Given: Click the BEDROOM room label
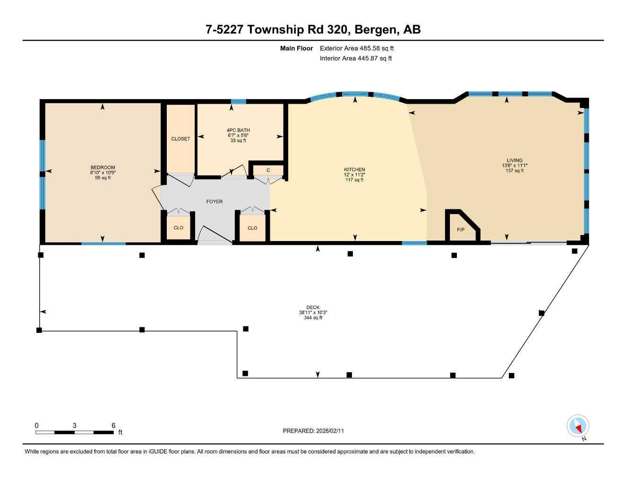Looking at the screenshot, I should [103, 167].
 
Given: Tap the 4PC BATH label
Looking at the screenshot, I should [238, 130].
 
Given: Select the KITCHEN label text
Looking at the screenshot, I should [354, 169].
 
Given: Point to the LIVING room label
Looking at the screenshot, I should [515, 160].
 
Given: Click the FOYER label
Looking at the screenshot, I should [214, 201].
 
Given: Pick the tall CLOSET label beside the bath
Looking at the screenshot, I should [180, 139].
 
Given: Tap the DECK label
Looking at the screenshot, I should [313, 308].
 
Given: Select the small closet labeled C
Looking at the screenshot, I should [268, 170].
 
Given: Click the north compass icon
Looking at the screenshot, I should [577, 426].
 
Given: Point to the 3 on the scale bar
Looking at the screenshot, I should [75, 425].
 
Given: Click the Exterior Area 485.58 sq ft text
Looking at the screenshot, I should [357, 48].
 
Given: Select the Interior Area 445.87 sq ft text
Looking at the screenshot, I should [356, 58].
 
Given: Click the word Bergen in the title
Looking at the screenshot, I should [376, 30].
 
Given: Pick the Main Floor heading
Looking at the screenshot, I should [296, 48].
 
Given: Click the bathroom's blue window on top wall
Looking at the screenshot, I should [239, 101].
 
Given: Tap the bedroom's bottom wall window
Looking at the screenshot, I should [103, 243].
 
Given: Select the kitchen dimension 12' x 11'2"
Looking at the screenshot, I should [354, 175].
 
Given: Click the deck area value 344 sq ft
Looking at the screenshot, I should [313, 318].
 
